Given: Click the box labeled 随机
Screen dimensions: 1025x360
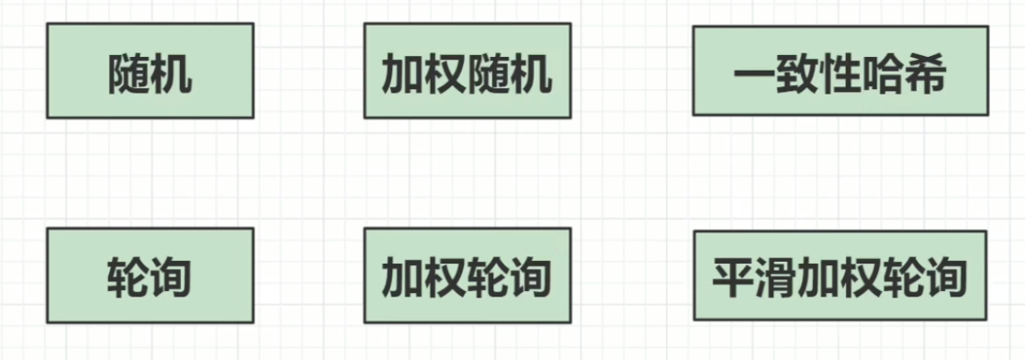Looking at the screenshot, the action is pyautogui.click(x=150, y=72).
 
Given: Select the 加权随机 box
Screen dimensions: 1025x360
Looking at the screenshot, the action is pyautogui.click(x=467, y=72).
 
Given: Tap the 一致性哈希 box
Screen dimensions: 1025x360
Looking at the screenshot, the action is pyautogui.click(x=839, y=71).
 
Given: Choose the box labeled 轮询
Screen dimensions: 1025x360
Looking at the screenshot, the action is pyautogui.click(x=150, y=276).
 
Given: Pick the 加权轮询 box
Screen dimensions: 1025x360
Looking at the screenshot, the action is pyautogui.click(x=467, y=276).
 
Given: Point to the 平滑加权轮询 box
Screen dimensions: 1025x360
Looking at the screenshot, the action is pyautogui.click(x=839, y=276).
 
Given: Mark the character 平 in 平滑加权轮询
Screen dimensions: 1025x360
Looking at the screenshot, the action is pyautogui.click(x=734, y=276).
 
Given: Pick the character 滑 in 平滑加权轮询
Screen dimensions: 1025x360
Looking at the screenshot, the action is pyautogui.click(x=776, y=276).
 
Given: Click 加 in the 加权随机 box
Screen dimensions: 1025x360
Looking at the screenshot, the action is pyautogui.click(x=402, y=74).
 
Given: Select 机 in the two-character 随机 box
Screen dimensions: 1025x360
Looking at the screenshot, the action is pyautogui.click(x=172, y=74).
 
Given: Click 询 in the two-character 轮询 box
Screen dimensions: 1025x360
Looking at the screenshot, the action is pyautogui.click(x=172, y=276).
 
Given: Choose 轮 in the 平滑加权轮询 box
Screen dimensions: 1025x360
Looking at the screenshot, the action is pyautogui.click(x=903, y=276).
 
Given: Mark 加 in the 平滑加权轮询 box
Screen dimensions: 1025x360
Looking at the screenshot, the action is pyautogui.click(x=818, y=276).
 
